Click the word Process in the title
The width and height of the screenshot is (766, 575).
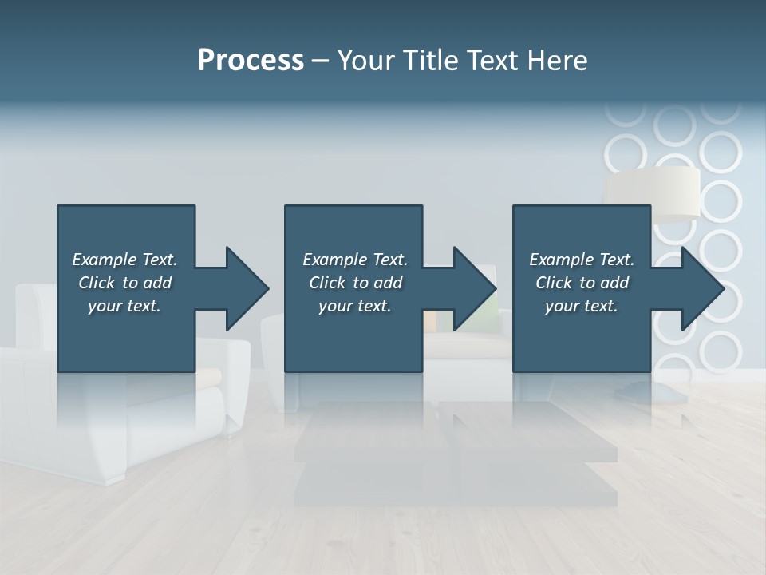[251, 61]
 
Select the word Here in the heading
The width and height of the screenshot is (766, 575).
[558, 61]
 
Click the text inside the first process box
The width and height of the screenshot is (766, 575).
[124, 283]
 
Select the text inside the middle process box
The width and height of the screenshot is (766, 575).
[355, 283]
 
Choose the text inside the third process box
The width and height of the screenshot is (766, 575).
[582, 283]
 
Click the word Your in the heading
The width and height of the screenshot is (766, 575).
[365, 61]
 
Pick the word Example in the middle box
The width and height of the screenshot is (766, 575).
[334, 260]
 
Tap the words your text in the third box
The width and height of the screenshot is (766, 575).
[582, 306]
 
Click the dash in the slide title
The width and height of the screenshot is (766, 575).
[320, 61]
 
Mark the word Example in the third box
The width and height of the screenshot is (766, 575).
[560, 260]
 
